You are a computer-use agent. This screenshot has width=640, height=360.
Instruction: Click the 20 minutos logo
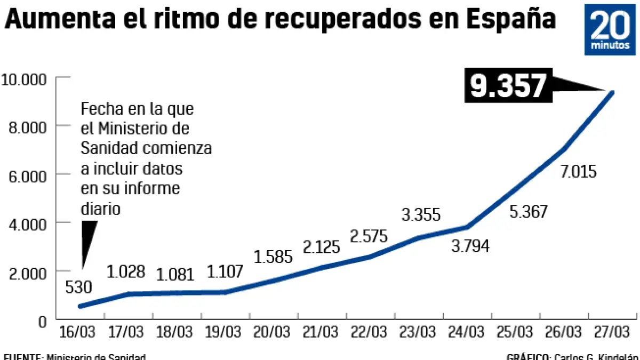click(x=610, y=29)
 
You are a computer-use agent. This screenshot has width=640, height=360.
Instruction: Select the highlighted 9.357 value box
click(x=509, y=86)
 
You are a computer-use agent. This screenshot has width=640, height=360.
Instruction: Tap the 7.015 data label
click(x=578, y=172)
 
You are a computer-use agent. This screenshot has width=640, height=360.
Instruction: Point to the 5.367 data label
click(x=529, y=211)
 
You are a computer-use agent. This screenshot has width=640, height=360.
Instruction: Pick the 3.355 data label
click(x=421, y=215)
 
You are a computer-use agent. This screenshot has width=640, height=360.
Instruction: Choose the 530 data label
click(x=78, y=287)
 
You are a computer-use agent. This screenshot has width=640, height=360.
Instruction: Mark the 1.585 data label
click(x=274, y=257)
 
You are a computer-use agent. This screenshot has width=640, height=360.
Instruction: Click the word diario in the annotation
click(x=100, y=209)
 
